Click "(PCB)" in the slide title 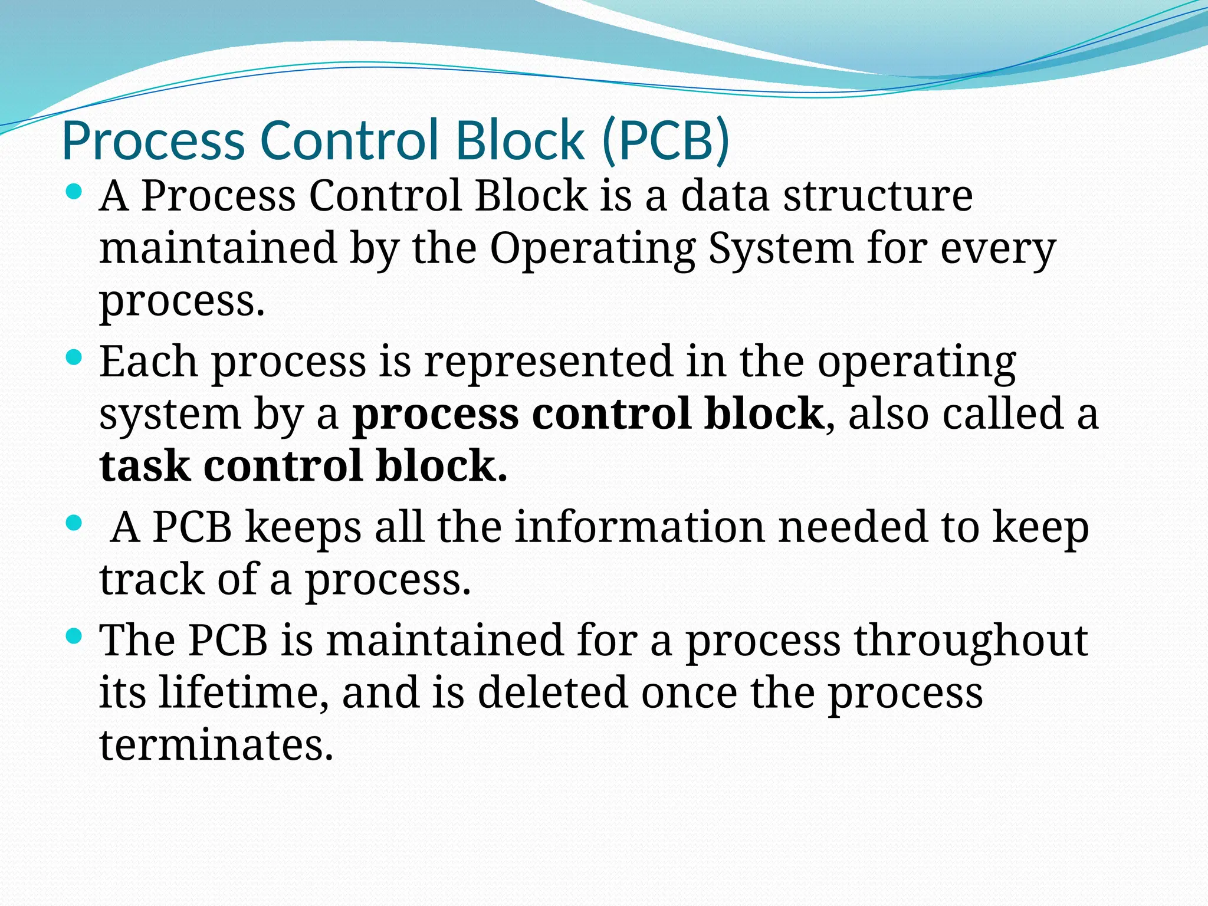pyautogui.click(x=666, y=142)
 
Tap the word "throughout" pyautogui.click(x=971, y=641)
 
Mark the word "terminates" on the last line pyautogui.click(x=216, y=745)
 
